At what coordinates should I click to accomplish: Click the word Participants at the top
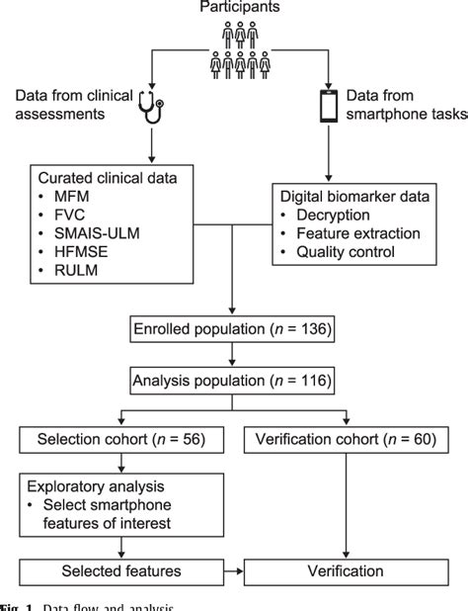tap(233, 9)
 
